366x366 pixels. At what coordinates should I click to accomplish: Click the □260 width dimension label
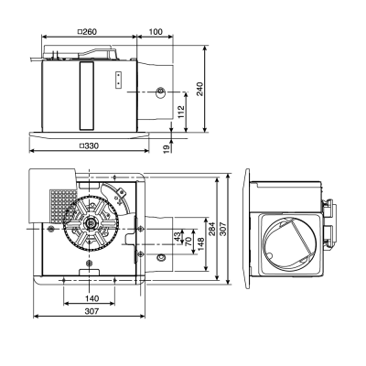(x=88, y=33)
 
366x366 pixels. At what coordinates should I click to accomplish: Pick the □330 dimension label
(x=90, y=146)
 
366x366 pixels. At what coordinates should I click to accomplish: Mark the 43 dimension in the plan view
(x=178, y=236)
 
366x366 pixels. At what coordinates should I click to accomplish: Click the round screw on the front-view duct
(x=161, y=92)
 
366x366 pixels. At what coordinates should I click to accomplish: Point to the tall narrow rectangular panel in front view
(x=87, y=94)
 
